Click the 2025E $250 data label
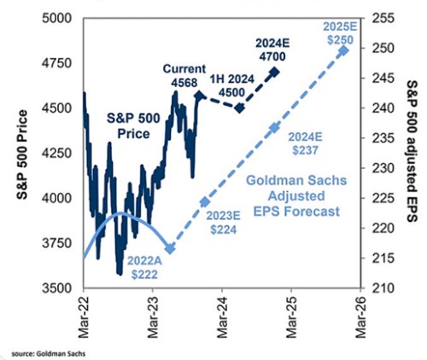tap(341, 24)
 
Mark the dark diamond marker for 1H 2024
tap(240, 108)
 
